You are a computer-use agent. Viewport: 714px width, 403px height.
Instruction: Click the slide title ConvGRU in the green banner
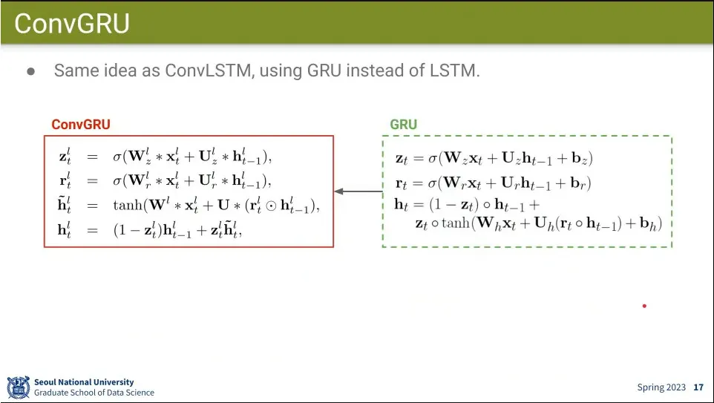coord(72,24)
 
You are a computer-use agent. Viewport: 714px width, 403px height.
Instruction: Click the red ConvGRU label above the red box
coord(81,125)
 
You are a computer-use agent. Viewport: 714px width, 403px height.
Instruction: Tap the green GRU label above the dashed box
coord(404,125)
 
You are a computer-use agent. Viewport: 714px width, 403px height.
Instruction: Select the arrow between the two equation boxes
coord(358,191)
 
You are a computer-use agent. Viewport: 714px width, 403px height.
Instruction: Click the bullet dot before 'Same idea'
coord(31,72)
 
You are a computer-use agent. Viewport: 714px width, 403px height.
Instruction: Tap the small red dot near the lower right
coord(644,306)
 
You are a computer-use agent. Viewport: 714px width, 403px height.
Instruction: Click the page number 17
coord(698,387)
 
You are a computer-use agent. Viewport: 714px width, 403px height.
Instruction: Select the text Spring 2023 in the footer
coord(661,387)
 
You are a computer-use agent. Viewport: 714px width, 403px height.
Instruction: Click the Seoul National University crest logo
coord(19,387)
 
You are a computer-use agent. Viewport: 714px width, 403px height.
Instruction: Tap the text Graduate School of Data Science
coord(94,393)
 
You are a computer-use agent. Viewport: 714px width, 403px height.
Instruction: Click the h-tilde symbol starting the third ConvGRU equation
coord(64,207)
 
